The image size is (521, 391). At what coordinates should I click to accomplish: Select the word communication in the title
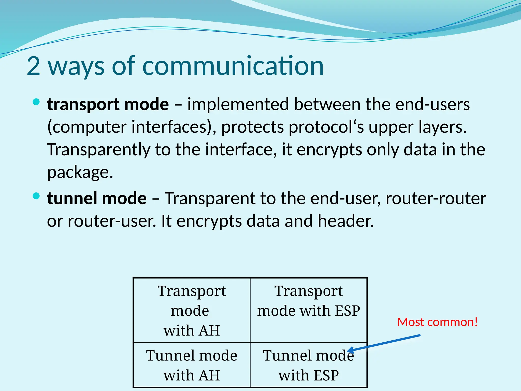click(233, 66)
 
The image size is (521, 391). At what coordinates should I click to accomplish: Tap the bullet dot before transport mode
click(36, 102)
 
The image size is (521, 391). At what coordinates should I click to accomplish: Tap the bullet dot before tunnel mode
click(36, 196)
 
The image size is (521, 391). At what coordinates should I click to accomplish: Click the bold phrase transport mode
click(108, 105)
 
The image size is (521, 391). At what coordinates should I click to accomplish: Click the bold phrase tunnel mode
click(97, 199)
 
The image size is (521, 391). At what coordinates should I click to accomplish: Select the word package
click(80, 173)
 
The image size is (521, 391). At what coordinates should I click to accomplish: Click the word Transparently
click(99, 150)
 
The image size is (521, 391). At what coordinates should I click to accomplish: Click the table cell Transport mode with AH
click(192, 310)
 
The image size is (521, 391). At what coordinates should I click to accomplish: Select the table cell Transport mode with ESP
click(308, 310)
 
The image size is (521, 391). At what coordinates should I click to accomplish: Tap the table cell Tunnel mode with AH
click(192, 365)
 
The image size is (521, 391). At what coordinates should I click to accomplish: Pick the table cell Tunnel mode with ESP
click(308, 365)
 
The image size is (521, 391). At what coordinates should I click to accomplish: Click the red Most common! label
click(437, 322)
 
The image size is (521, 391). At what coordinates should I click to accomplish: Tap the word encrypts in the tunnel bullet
click(209, 221)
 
